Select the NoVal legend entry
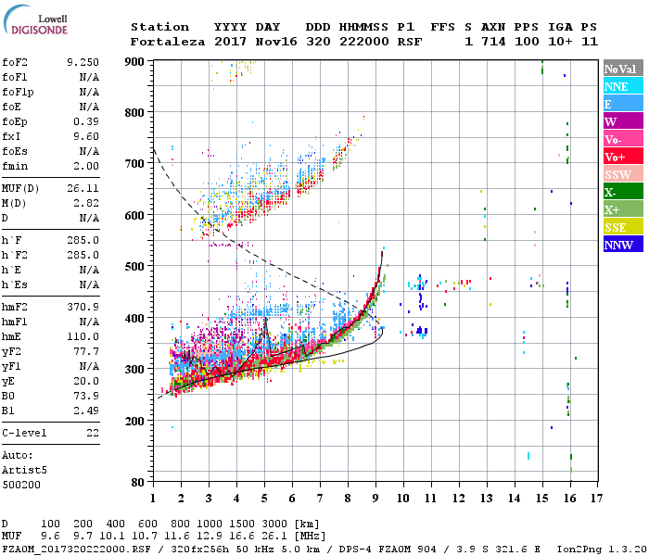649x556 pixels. [622, 69]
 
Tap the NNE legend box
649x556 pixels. [622, 86]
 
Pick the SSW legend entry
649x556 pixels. [622, 174]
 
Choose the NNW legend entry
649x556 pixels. [622, 245]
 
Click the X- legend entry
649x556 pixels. [622, 192]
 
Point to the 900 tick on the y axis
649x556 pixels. [134, 61]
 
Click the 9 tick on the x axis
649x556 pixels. [375, 498]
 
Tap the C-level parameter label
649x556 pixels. [21, 432]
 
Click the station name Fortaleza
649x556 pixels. [160, 42]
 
